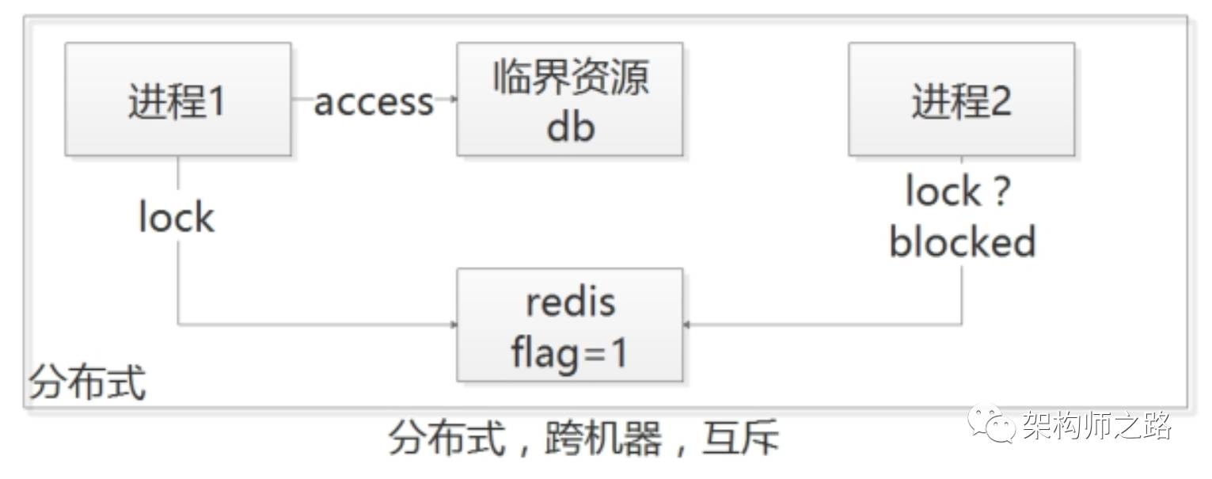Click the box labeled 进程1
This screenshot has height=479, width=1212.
click(177, 100)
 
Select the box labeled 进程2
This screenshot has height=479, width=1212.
click(961, 100)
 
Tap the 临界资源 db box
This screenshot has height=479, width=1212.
click(569, 100)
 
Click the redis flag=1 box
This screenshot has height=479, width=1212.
click(569, 325)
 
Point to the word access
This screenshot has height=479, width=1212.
click(374, 101)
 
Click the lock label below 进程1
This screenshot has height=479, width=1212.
click(176, 217)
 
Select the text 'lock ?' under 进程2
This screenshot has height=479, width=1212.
click(959, 192)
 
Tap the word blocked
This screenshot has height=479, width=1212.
click(962, 241)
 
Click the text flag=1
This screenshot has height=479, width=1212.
click(569, 352)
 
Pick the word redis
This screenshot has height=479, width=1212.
click(569, 302)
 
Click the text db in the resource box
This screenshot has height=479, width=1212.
click(569, 126)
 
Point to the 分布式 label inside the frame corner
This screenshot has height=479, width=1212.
click(87, 384)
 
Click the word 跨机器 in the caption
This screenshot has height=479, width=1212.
click(602, 438)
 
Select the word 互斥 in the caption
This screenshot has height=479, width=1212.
click(740, 438)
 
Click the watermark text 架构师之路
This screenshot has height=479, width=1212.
click(1096, 425)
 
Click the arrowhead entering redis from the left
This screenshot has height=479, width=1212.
click(454, 325)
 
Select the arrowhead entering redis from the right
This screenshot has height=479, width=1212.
click(686, 325)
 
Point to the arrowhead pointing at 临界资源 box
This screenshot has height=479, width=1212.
click(454, 99)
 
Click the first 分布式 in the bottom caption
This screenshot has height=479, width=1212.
click(446, 438)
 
